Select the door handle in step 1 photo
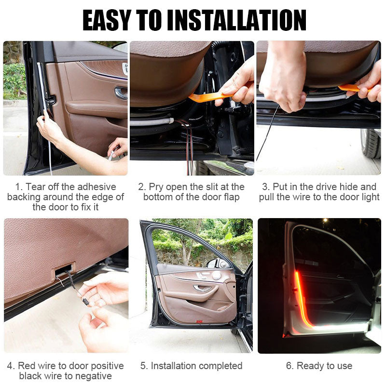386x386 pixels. tap(121, 93)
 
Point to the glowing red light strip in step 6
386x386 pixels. tap(301, 299)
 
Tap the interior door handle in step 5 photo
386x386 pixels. tap(203, 288)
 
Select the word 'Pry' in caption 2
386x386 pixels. tap(156, 187)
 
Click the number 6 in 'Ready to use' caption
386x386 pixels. tap(289, 366)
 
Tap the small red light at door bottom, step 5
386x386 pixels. tap(199, 320)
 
